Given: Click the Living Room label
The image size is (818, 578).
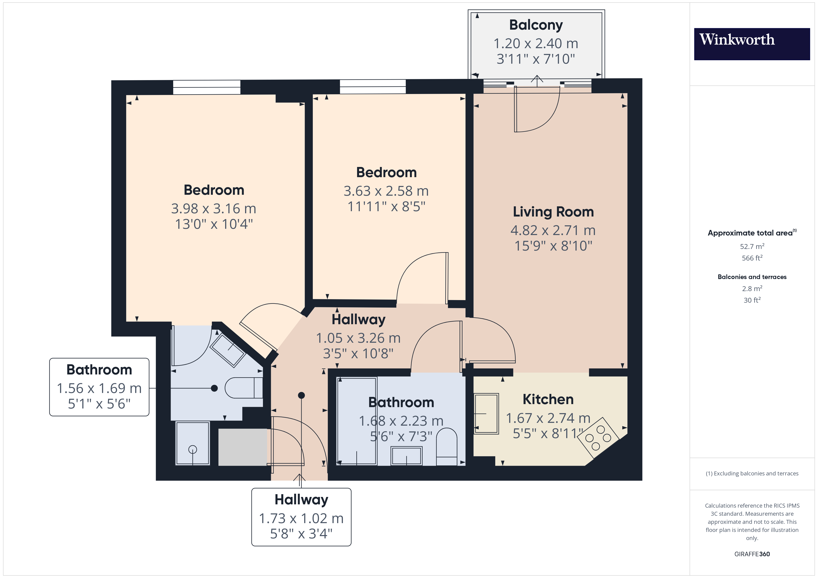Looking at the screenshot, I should tap(553, 212).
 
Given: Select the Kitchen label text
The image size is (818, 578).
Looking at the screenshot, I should tap(548, 399).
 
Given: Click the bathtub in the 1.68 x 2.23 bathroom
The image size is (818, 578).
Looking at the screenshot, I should tap(357, 421).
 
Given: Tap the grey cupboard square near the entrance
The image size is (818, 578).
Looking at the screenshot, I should tap(242, 447).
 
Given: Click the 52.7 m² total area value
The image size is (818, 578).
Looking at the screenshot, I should tap(752, 246).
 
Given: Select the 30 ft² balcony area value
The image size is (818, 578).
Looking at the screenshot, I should tap(752, 300).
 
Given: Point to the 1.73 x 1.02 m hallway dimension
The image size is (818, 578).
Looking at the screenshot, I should tap(301, 518).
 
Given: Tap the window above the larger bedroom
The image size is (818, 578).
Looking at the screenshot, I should tap(207, 87).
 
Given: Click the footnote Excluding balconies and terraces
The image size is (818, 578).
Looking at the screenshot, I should tap(752, 473).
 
